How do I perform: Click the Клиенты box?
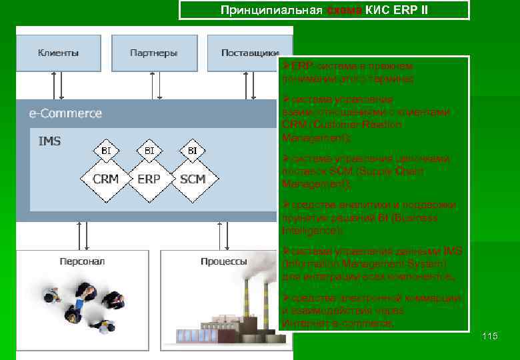click(x=58, y=52)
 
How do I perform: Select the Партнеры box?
click(x=153, y=52)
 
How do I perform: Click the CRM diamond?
click(x=105, y=179)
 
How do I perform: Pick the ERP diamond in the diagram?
click(x=149, y=179)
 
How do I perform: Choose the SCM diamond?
click(x=192, y=179)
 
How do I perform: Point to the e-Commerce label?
click(x=65, y=113)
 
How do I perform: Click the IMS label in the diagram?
click(x=49, y=141)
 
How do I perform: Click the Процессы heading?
click(x=224, y=261)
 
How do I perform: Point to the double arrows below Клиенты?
click(x=58, y=85)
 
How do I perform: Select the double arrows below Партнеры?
click(x=155, y=85)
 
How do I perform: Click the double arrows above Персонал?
click(x=83, y=235)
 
